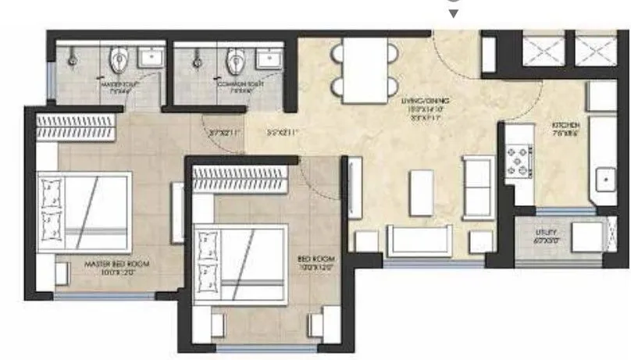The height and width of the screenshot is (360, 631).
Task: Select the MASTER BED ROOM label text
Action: (116, 266)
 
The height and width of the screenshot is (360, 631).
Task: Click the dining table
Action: (365, 70)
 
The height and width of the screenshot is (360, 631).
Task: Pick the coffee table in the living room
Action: (422, 193)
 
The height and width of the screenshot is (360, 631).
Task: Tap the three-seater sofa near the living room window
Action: (419, 241)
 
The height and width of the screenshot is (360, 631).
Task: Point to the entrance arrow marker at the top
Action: (453, 13)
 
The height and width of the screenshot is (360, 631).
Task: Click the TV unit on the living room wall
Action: (354, 187)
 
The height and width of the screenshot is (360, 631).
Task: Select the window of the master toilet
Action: (50, 78)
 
